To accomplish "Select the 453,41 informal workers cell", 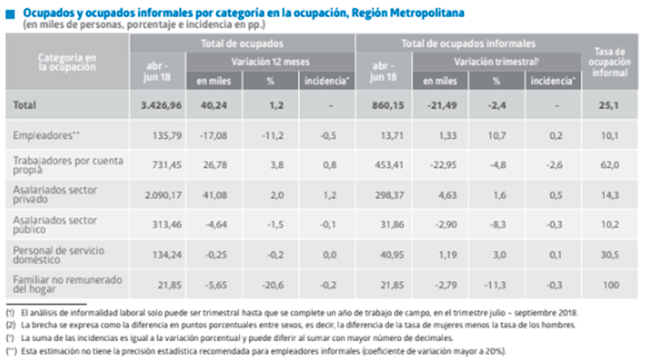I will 382,165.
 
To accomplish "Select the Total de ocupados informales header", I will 468,42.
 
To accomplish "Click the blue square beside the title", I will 10,13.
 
